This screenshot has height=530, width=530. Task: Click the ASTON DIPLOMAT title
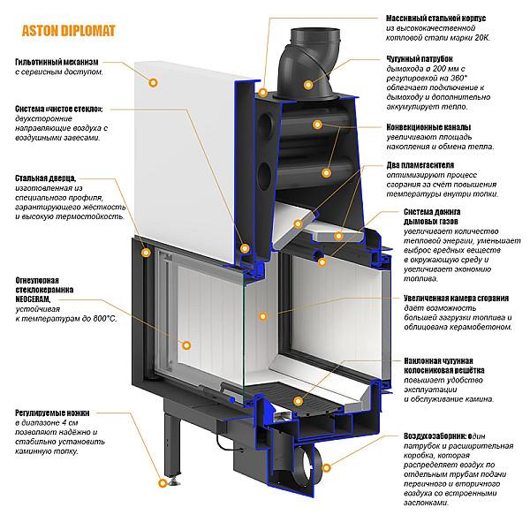tap(69, 31)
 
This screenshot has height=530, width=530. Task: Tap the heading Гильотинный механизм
tap(57, 62)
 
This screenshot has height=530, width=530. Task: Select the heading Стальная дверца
tap(46, 178)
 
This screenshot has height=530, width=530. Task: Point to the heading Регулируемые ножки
tap(52, 413)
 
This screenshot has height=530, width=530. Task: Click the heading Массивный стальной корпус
tap(436, 19)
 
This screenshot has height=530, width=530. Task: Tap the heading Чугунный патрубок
tap(420, 59)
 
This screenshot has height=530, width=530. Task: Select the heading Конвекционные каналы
tap(428, 127)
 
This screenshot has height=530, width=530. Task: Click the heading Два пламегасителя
tap(420, 165)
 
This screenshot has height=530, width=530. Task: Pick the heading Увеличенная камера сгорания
tap(457, 299)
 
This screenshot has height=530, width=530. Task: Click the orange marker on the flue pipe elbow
tap(307, 85)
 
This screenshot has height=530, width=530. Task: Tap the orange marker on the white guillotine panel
tap(153, 82)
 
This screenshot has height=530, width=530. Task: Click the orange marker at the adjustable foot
tap(163, 483)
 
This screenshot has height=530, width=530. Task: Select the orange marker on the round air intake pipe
tap(326, 468)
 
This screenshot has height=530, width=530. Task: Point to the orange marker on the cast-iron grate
tap(298, 401)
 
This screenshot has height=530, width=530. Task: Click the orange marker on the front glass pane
tap(186, 345)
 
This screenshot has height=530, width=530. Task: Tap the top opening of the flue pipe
tap(315, 32)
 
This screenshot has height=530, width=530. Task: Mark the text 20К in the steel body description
tap(482, 37)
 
